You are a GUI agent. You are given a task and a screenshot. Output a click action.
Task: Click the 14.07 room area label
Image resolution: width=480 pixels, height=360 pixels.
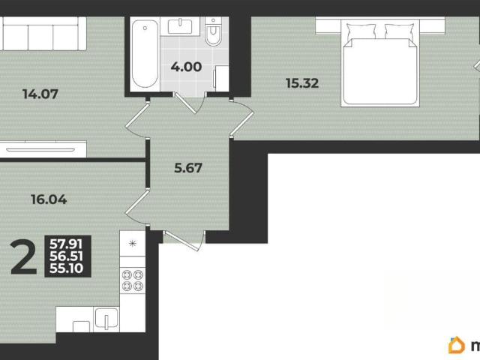[40, 94]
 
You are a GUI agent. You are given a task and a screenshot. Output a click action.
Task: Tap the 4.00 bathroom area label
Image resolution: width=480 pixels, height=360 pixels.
[186, 67]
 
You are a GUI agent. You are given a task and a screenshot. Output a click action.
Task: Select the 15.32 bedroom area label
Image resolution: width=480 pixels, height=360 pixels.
[302, 83]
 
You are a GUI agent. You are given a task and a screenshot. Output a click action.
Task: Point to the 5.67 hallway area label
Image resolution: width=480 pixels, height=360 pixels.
[188, 168]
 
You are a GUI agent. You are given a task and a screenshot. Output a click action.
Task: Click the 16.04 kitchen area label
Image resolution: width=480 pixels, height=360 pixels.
[49, 199]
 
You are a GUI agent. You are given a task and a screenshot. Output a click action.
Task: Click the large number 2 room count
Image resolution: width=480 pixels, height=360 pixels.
[23, 257]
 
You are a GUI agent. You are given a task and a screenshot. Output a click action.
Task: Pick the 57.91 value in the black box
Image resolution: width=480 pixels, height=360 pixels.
[66, 244]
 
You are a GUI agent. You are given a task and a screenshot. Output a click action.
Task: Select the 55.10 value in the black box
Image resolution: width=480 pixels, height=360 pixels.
[66, 268]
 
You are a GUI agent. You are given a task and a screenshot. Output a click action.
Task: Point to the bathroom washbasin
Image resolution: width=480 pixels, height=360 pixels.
[180, 26]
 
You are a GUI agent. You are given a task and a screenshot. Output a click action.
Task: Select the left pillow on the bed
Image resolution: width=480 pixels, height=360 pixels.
[361, 31]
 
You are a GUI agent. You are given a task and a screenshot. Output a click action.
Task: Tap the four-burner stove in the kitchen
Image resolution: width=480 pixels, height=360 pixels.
[133, 280]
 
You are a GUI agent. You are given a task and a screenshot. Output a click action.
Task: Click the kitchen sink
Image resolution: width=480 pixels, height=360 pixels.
[106, 317]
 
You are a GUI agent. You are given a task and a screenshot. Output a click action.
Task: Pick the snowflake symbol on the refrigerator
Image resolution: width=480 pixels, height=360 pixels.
[132, 244]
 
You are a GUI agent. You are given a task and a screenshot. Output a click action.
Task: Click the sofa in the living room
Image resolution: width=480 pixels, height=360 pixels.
[43, 34]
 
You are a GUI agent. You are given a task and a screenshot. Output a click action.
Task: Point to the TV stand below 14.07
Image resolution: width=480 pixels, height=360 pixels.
[43, 149]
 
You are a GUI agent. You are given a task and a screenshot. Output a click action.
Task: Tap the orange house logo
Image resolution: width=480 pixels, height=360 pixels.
[457, 345]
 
